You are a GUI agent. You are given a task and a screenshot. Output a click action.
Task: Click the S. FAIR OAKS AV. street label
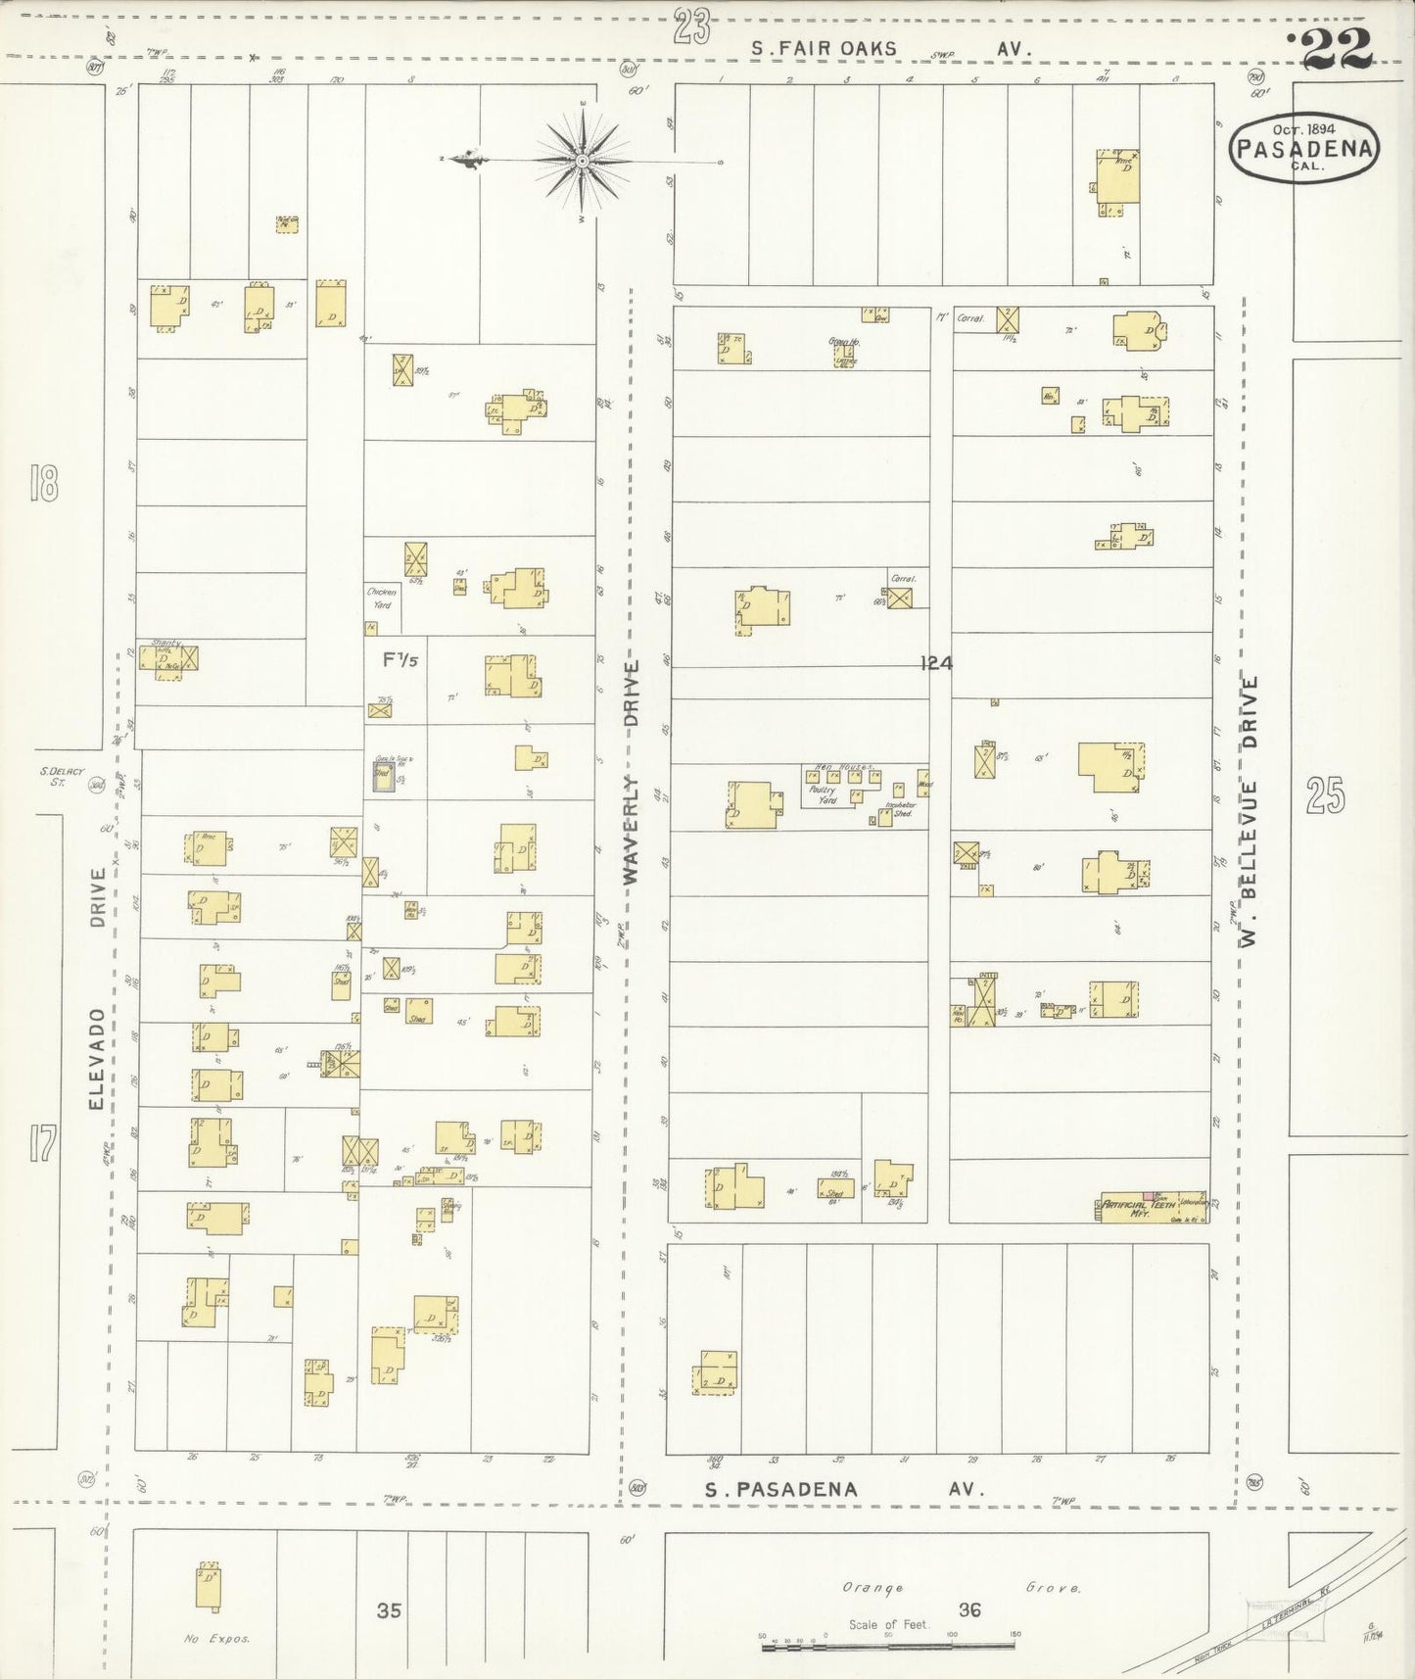click(891, 48)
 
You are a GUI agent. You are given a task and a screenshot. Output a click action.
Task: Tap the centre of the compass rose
click(583, 160)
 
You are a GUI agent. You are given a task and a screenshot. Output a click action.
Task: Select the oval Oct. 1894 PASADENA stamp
click(1305, 148)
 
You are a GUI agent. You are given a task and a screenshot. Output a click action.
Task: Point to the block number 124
click(936, 663)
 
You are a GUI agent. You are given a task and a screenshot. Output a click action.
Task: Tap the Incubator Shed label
click(900, 808)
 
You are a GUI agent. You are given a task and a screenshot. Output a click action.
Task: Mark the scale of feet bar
click(888, 1648)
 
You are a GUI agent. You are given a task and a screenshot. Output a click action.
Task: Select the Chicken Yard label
click(380, 598)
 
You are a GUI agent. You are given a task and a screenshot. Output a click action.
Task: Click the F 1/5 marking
click(400, 660)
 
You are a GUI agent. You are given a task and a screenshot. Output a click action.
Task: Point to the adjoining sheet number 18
click(44, 484)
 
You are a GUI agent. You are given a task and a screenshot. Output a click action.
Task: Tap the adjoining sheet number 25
click(1325, 795)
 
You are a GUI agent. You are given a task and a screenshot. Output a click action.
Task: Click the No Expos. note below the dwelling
click(216, 1638)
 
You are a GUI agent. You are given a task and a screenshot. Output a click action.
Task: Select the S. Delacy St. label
click(63, 775)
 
